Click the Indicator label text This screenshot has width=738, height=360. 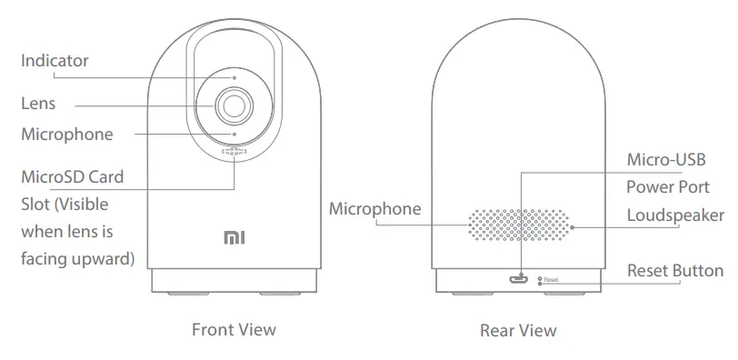tap(55, 61)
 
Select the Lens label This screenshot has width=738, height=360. tap(38, 104)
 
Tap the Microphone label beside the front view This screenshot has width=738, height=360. tap(67, 135)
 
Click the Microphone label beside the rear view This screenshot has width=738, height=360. tap(374, 209)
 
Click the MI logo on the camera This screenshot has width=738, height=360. tap(234, 238)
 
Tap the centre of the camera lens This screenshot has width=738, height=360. tap(234, 106)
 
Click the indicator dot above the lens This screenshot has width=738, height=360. tap(234, 78)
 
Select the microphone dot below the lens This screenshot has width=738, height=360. tap(234, 135)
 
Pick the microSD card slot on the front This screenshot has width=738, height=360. tap(234, 153)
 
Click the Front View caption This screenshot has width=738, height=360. tap(234, 329)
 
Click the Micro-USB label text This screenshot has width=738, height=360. tap(667, 161)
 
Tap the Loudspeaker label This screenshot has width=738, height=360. tap(675, 215)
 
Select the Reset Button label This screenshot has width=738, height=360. tap(675, 271)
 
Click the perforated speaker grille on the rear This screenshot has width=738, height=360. tap(520, 226)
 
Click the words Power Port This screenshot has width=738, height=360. tap(668, 188)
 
